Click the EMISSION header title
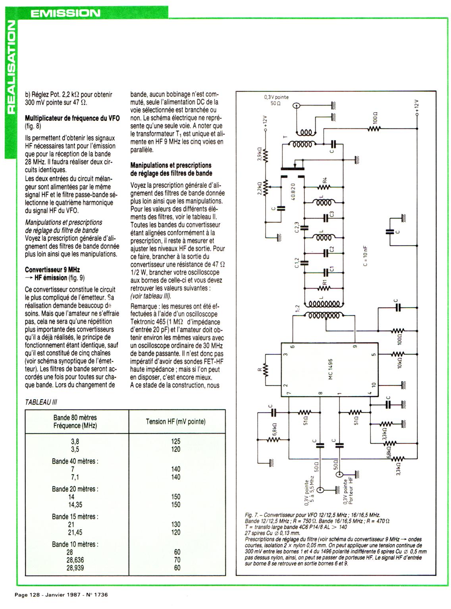point(66,13)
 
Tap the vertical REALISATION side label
point(9,67)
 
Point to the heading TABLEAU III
point(41,402)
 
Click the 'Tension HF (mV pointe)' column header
point(175,421)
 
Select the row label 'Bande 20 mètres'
point(75,489)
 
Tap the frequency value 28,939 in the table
point(75,568)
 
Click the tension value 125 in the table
point(175,441)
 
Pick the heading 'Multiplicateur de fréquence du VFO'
point(72,118)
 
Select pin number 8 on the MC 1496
point(321,393)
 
